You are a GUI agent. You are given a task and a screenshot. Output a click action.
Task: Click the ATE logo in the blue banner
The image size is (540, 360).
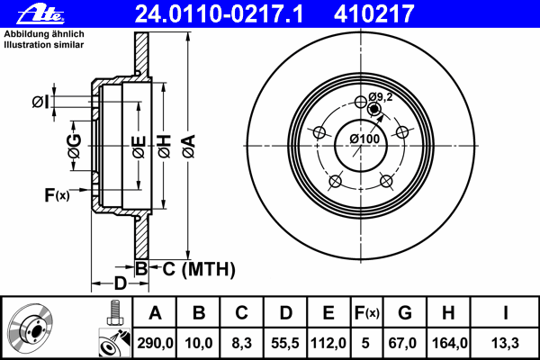[x=40, y=14]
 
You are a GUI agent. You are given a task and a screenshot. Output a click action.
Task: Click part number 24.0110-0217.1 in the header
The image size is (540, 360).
[x=219, y=14]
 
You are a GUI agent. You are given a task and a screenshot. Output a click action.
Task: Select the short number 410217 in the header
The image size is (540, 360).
[x=373, y=14]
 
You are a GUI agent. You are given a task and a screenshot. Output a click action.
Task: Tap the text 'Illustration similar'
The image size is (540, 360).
[x=44, y=45]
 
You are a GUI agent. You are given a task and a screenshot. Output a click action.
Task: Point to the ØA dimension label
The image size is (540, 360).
[x=189, y=147]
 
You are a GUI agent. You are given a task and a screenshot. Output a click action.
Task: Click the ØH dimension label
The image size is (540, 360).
[x=165, y=147]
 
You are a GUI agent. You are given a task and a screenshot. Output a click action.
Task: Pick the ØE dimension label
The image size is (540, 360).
[x=139, y=147]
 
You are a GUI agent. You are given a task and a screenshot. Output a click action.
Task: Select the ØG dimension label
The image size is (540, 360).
[x=75, y=146]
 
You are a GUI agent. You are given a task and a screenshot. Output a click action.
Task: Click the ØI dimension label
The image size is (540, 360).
[x=40, y=103]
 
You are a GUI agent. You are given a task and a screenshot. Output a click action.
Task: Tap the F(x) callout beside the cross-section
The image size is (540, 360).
[x=57, y=195]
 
